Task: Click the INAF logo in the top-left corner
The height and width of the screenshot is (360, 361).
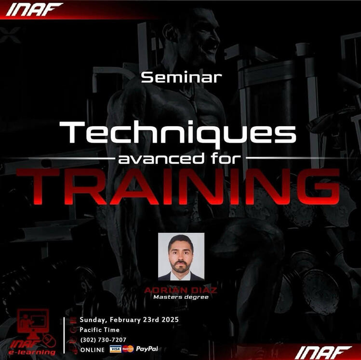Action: (x=34, y=10)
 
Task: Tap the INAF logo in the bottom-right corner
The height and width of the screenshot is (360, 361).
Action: (x=323, y=353)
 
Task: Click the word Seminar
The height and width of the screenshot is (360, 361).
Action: (x=181, y=77)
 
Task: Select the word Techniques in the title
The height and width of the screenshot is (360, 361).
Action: (x=178, y=133)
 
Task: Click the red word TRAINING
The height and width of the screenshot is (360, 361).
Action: (x=178, y=187)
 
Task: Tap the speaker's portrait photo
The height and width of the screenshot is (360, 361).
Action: (x=181, y=256)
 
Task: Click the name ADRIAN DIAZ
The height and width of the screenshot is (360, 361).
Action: (x=181, y=290)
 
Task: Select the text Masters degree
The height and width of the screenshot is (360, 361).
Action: (x=181, y=297)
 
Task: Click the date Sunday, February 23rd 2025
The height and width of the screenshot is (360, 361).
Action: (x=129, y=320)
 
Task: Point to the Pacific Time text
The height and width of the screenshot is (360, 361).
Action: (x=99, y=330)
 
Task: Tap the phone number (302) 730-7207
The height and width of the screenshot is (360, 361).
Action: (x=103, y=340)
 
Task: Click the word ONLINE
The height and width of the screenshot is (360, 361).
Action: (x=93, y=350)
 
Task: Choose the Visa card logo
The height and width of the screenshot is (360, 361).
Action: (x=115, y=349)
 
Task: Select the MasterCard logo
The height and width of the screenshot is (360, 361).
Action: (x=128, y=349)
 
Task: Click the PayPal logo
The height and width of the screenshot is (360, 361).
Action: (x=147, y=349)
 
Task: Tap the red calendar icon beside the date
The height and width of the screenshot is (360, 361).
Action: (x=73, y=320)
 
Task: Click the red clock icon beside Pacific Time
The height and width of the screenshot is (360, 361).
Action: (x=73, y=330)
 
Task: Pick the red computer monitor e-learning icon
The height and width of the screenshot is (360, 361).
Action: (x=33, y=322)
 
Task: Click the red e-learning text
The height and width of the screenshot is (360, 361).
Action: (x=32, y=352)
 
